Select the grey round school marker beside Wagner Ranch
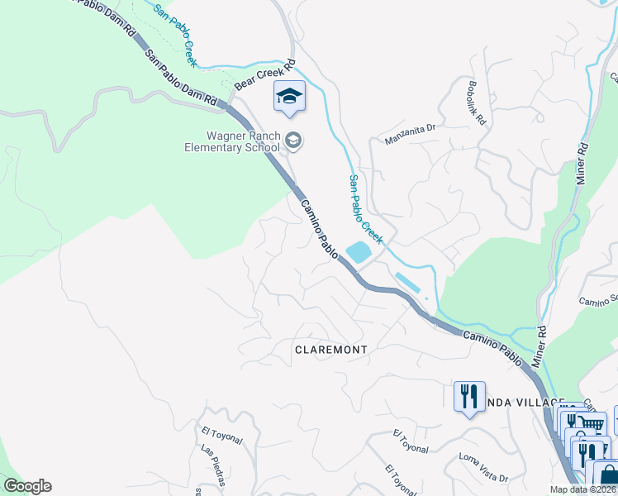click(293, 142)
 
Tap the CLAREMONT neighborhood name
click(330, 350)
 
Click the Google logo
click(27, 486)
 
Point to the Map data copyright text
click(582, 489)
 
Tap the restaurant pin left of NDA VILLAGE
click(468, 396)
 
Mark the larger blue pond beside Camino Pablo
click(359, 252)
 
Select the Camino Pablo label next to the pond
click(318, 231)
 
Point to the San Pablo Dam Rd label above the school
click(181, 77)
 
